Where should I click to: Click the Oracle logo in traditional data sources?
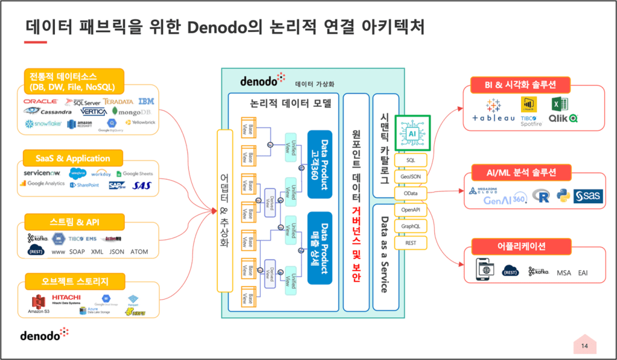coord(40,102)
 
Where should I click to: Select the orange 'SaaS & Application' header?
coord(72,158)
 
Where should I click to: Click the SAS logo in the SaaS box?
coord(142,185)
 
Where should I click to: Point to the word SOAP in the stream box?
coord(77,251)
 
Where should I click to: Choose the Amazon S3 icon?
coord(39,303)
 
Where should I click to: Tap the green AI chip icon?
coord(413,133)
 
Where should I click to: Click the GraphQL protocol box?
coord(410,226)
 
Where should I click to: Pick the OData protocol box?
coord(410,193)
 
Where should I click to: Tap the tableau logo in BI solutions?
coord(493,112)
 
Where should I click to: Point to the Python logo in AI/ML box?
coord(563,195)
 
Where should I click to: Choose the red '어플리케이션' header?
coord(529,245)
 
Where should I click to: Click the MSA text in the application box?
coord(563,273)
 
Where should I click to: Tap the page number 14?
coord(584,346)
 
